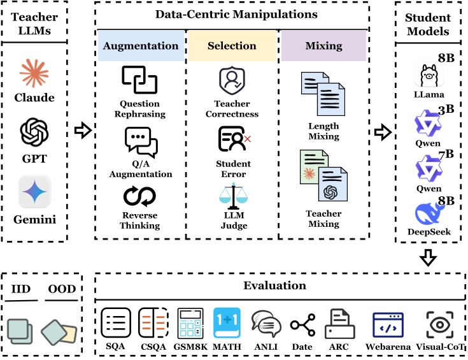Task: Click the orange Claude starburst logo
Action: click(34, 73)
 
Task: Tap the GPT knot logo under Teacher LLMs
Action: click(34, 132)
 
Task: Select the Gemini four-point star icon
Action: click(34, 192)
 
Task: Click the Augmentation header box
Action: click(141, 46)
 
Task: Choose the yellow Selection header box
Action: click(232, 46)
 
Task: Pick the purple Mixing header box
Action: click(324, 46)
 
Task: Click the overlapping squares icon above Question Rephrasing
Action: click(139, 80)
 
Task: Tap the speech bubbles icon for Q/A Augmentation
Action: click(141, 142)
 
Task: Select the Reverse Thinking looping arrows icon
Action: click(139, 196)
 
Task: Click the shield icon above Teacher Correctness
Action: click(232, 81)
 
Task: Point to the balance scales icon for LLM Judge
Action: click(234, 196)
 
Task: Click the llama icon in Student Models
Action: click(429, 76)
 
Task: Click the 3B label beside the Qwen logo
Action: click(446, 110)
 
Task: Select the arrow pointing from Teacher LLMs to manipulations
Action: click(83, 130)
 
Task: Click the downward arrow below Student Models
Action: click(429, 257)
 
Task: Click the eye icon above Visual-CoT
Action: click(439, 325)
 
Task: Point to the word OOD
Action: click(62, 289)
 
